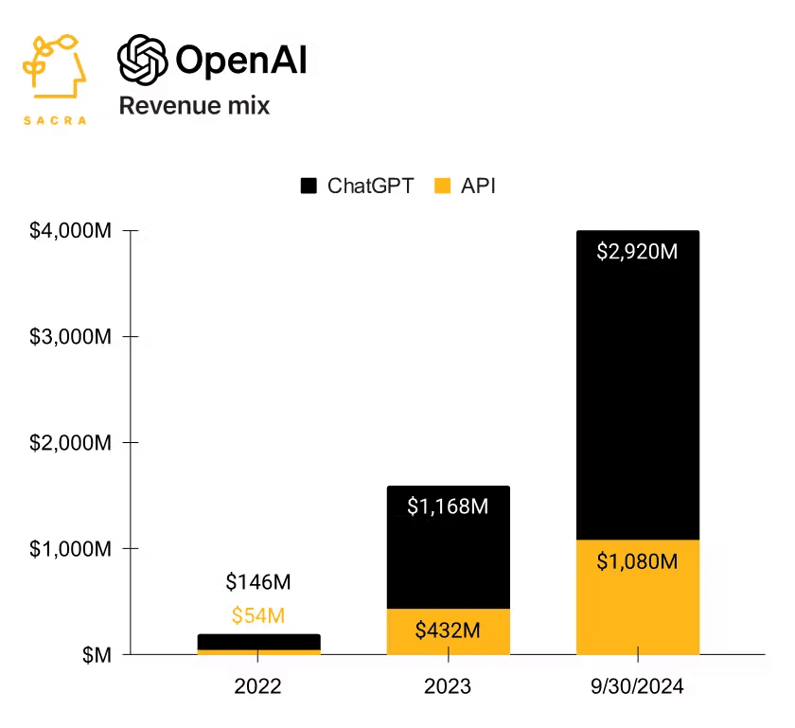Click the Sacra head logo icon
click(x=55, y=69)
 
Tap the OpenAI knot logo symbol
click(x=142, y=61)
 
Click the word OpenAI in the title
click(x=241, y=62)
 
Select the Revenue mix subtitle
click(x=194, y=105)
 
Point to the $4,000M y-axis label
click(x=71, y=231)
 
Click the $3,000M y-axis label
click(x=71, y=337)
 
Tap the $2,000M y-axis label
click(x=71, y=443)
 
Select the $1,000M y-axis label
click(x=71, y=549)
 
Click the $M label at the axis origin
click(x=95, y=655)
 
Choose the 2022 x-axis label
click(x=258, y=686)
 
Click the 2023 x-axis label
click(x=448, y=686)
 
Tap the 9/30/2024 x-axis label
click(x=637, y=686)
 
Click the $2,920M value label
click(x=637, y=252)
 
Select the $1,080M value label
click(x=637, y=561)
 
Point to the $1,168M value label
click(x=448, y=506)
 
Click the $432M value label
click(x=448, y=630)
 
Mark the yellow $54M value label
click(x=258, y=615)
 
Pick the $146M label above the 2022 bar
click(x=258, y=582)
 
